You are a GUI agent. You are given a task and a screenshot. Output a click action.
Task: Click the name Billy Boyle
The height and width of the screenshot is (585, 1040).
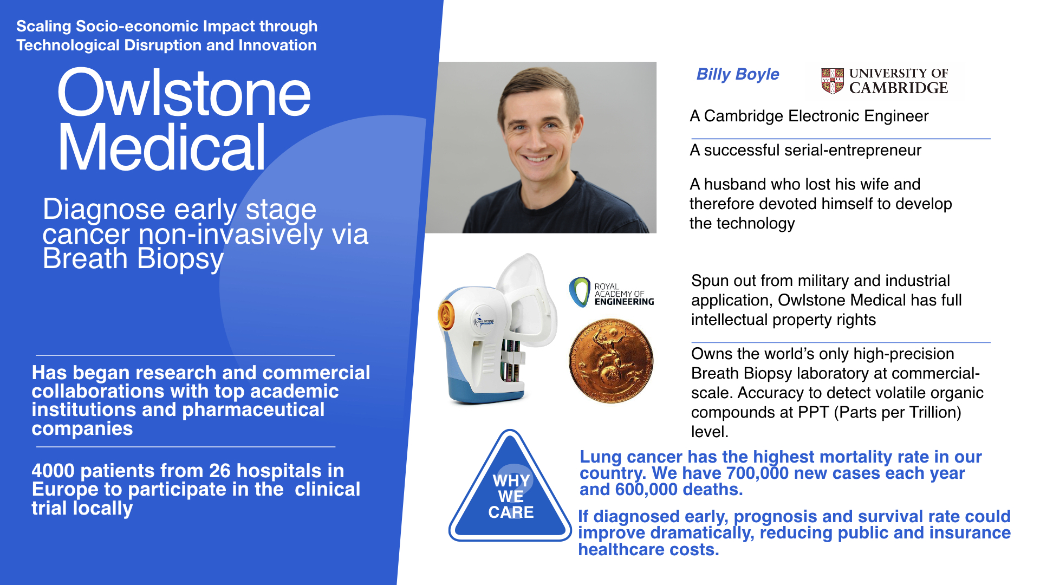(x=737, y=74)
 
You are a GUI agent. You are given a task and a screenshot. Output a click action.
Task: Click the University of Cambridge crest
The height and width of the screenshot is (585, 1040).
(x=833, y=81)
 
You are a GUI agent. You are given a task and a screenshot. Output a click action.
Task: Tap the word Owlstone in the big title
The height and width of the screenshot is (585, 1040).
(x=184, y=93)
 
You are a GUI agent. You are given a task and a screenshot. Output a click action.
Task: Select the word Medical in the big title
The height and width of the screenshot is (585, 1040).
(x=161, y=147)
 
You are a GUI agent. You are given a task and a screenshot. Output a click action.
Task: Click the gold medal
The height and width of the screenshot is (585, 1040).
(x=611, y=361)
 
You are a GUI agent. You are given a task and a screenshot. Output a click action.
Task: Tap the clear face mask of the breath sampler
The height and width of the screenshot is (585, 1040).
(x=528, y=295)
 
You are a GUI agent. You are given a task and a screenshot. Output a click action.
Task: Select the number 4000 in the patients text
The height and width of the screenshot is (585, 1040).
(x=53, y=471)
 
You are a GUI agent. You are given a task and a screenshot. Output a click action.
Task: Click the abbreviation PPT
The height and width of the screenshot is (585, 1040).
(x=814, y=412)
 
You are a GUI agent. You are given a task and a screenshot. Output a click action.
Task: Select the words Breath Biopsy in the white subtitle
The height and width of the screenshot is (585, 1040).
(x=133, y=258)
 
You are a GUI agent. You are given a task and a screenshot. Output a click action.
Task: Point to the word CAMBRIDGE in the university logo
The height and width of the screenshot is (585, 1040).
(x=898, y=88)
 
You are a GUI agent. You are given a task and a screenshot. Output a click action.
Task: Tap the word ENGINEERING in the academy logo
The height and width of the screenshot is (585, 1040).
(x=624, y=302)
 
